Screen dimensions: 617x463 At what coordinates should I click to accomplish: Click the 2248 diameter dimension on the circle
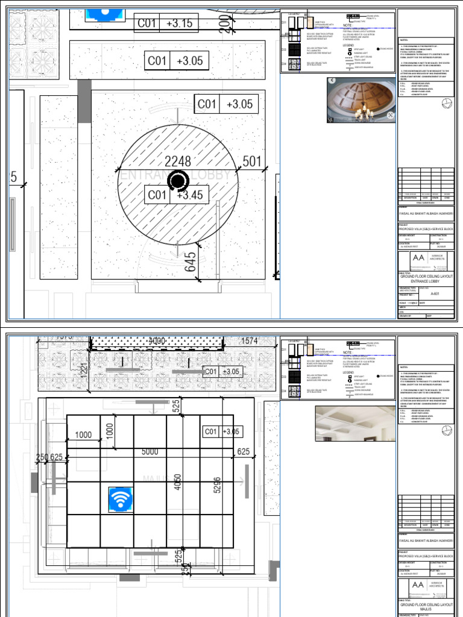pos(177,161)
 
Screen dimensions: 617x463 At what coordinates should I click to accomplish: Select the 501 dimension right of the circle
pos(251,161)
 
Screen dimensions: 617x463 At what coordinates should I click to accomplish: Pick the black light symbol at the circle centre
pos(177,180)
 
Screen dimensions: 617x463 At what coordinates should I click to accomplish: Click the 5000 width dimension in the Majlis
pos(150,451)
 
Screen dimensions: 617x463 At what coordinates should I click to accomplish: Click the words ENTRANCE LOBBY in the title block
pos(426,281)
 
